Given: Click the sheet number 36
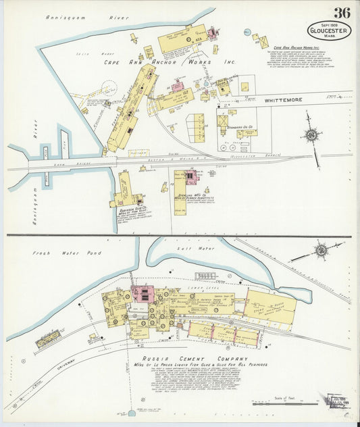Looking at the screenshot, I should tap(341, 13).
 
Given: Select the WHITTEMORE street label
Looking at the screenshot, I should tap(283, 100).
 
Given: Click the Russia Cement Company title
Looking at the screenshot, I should tap(190, 358).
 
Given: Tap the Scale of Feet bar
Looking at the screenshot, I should tap(291, 403).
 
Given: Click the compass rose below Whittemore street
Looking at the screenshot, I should tap(311, 134).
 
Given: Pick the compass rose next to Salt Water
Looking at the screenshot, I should tap(321, 251).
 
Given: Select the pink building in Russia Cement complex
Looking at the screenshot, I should tap(143, 295).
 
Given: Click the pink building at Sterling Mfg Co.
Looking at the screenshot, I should tap(191, 177).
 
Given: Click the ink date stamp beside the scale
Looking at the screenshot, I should tap(336, 401).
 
